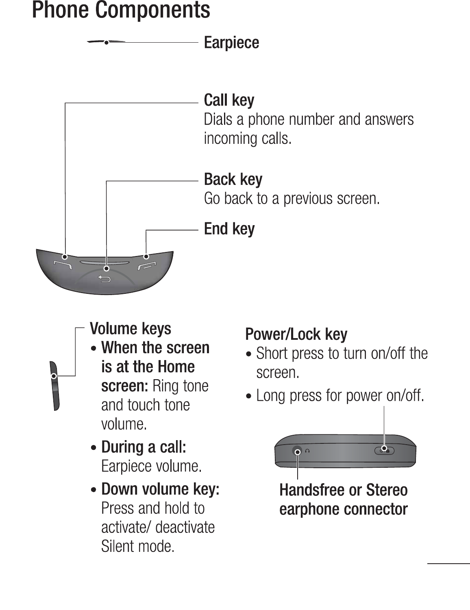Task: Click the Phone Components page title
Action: pos(121,10)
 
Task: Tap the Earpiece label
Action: pos(231,43)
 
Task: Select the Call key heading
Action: pos(229,100)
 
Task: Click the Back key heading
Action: pos(233,179)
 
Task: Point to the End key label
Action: pos(229,229)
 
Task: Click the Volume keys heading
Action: pos(131,328)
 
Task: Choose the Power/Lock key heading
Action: pos(296,334)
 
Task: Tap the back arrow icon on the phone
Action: pos(105,279)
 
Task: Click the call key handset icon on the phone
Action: pos(63,265)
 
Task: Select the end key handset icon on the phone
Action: pos(146,266)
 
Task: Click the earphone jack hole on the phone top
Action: pos(298,452)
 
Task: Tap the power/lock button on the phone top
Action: pos(384,450)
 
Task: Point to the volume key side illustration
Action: pos(55,386)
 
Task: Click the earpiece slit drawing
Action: pos(106,42)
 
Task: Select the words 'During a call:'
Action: pos(144,447)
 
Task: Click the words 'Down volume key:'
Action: pos(160,489)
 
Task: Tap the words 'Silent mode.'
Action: pos(138,546)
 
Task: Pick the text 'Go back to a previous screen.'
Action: pos(292,199)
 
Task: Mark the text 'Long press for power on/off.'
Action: pos(340,395)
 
